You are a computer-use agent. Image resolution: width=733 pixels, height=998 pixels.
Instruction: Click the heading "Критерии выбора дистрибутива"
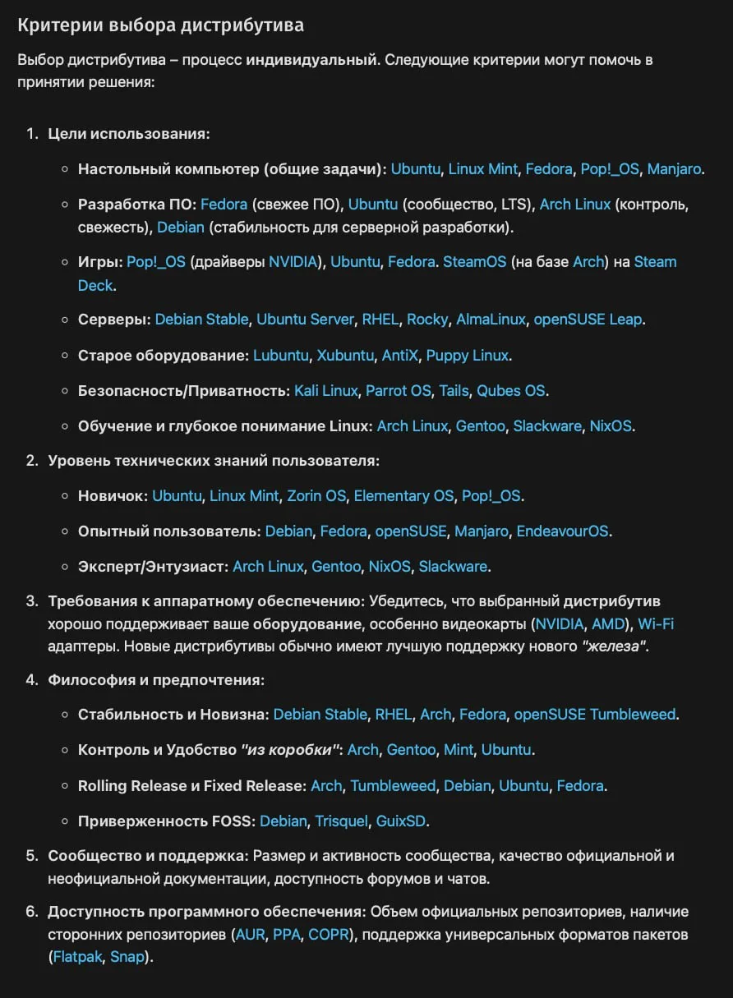[160, 25]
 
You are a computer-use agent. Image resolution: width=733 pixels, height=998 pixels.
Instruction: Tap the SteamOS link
[474, 262]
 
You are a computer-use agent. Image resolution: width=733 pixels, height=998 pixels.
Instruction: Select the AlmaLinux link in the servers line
[491, 320]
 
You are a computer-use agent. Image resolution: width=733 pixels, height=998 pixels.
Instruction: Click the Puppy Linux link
[468, 356]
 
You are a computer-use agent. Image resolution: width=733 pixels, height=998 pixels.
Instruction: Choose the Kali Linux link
[326, 391]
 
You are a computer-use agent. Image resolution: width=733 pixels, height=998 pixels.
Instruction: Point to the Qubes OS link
[511, 391]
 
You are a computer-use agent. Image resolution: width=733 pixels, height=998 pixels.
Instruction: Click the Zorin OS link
[316, 496]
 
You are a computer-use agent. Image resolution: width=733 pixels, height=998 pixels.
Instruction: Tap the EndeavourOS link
[563, 531]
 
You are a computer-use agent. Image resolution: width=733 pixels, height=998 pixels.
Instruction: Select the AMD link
[608, 624]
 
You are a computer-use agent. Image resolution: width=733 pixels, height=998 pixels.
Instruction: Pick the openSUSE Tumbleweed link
[597, 715]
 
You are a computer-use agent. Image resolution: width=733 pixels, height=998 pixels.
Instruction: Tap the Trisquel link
[341, 821]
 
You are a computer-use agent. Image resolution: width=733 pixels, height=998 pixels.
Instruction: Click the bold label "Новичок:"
[113, 496]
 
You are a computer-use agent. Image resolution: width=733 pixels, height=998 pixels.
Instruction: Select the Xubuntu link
[345, 356]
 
